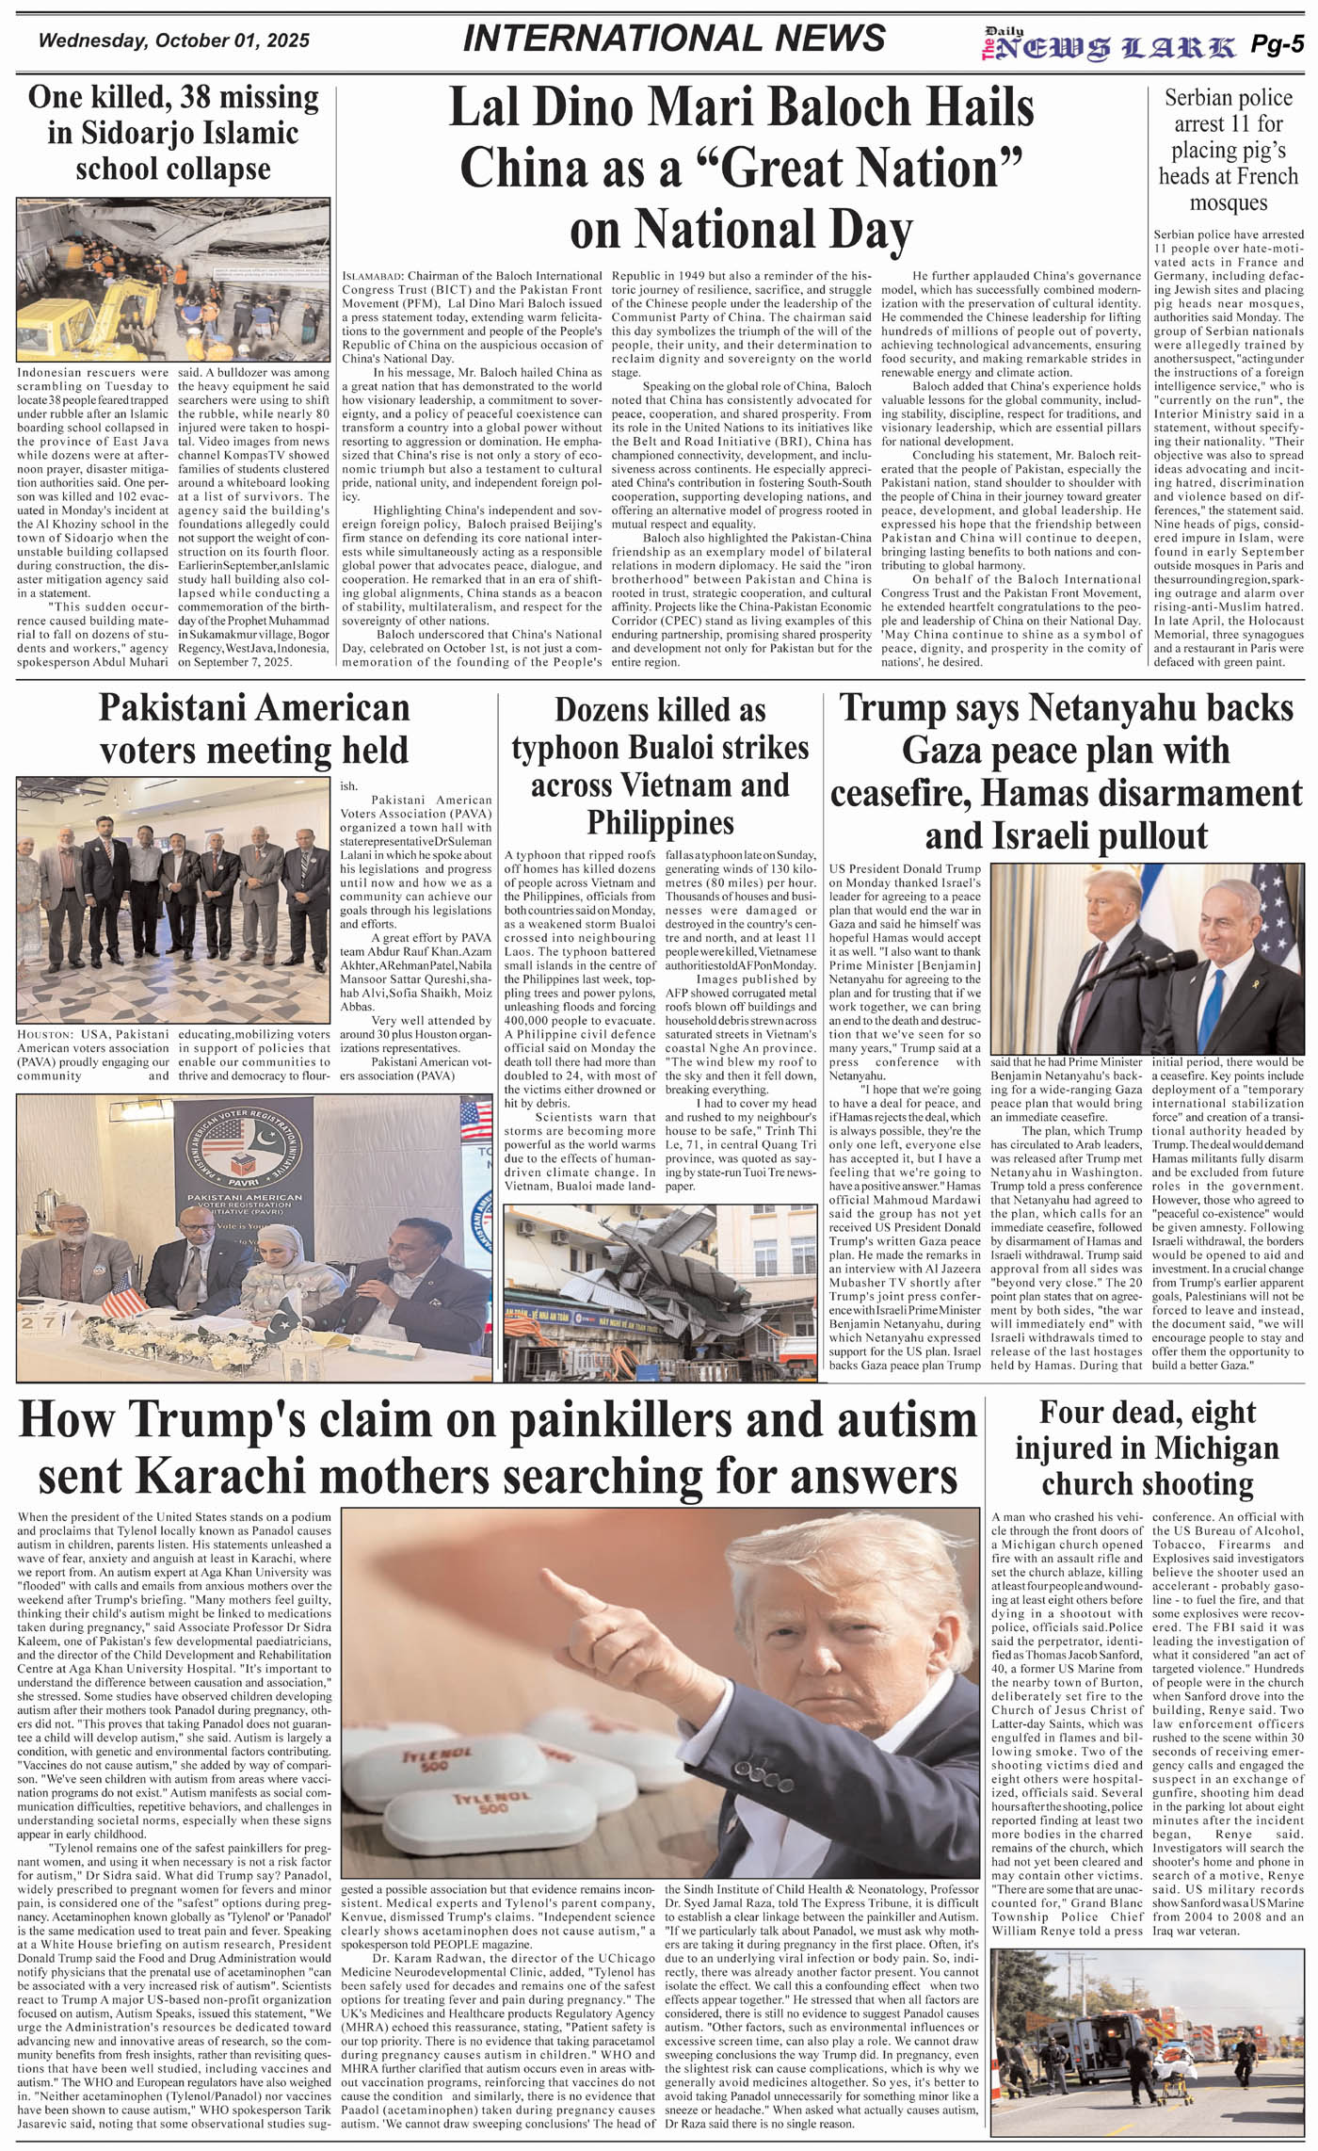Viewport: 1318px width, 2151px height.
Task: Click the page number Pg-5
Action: click(1277, 44)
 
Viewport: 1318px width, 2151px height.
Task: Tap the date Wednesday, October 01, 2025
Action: click(174, 41)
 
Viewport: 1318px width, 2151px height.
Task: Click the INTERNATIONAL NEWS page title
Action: click(674, 39)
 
